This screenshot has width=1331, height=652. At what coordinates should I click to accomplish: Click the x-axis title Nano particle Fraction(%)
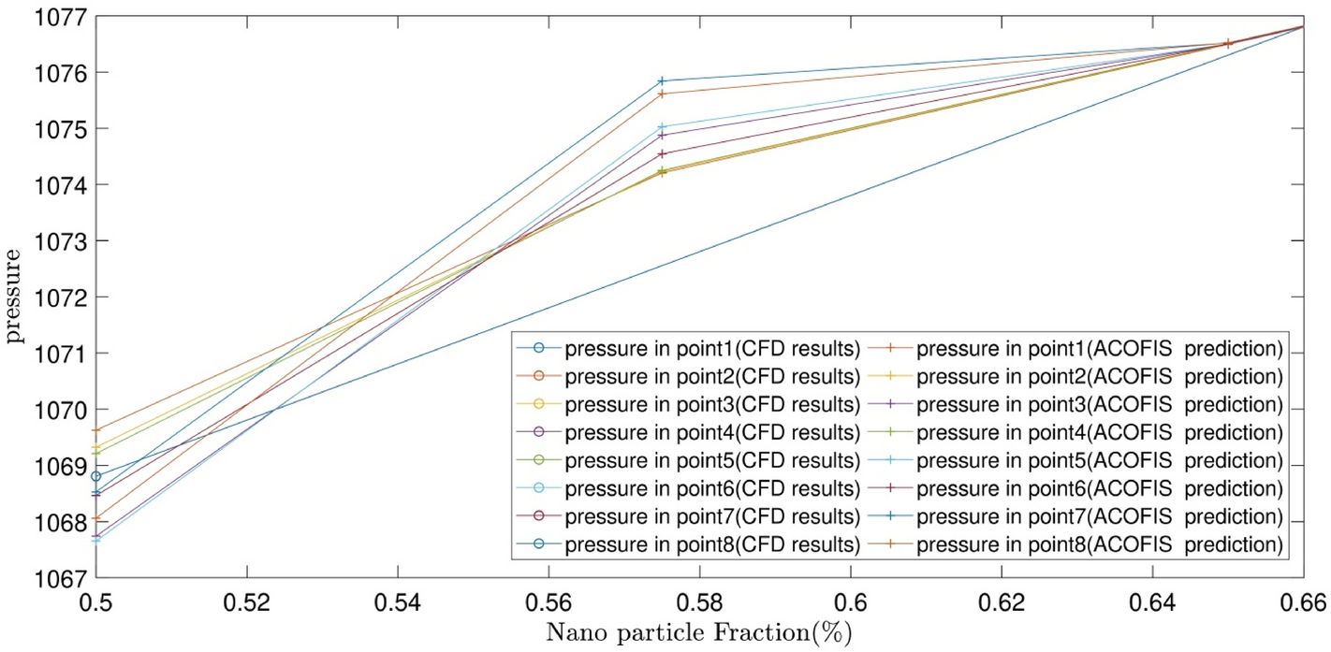pyautogui.click(x=699, y=631)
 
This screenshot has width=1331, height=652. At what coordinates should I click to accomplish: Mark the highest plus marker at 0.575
pyautogui.click(x=662, y=81)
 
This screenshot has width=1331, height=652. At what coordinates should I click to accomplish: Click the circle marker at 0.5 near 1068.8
pyautogui.click(x=95, y=476)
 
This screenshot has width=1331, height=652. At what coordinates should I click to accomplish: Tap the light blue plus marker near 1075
pyautogui.click(x=662, y=126)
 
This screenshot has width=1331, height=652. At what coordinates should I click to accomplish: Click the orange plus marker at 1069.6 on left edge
pyautogui.click(x=95, y=430)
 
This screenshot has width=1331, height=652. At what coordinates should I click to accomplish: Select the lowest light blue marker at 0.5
pyautogui.click(x=95, y=540)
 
